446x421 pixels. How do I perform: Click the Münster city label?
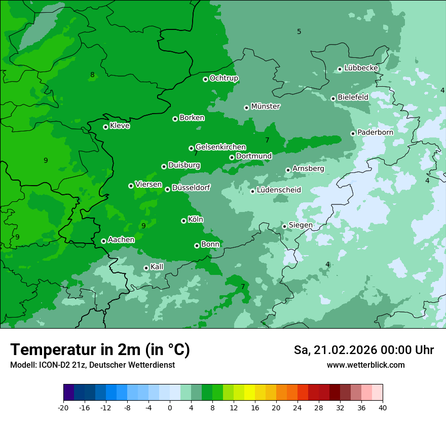[x=265, y=107]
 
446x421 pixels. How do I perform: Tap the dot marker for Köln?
[x=183, y=221]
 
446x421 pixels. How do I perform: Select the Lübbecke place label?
[x=361, y=68]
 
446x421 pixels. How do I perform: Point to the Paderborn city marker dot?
[x=353, y=133]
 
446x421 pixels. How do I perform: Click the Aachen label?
[x=121, y=240]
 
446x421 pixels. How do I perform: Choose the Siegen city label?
[x=301, y=225]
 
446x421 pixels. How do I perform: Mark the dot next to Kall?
[x=146, y=268]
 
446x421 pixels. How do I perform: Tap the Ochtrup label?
[x=224, y=78]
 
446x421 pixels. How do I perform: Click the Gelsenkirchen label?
[x=220, y=147]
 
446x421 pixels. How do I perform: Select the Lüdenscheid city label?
[x=279, y=190]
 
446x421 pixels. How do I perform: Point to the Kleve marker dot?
[x=105, y=127]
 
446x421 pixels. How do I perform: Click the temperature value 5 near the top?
[x=299, y=31]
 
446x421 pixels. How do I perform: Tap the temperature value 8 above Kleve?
[x=92, y=75]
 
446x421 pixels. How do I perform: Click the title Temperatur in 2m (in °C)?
[x=100, y=349]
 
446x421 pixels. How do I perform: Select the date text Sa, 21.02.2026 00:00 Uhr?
[x=363, y=350]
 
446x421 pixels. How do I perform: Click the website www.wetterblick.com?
[x=365, y=365]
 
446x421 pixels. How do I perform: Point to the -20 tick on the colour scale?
[x=63, y=407]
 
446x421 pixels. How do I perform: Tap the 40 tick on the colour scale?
[x=383, y=407]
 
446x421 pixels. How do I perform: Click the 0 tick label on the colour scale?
[x=170, y=407]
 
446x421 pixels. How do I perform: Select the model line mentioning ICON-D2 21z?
[x=92, y=365]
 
